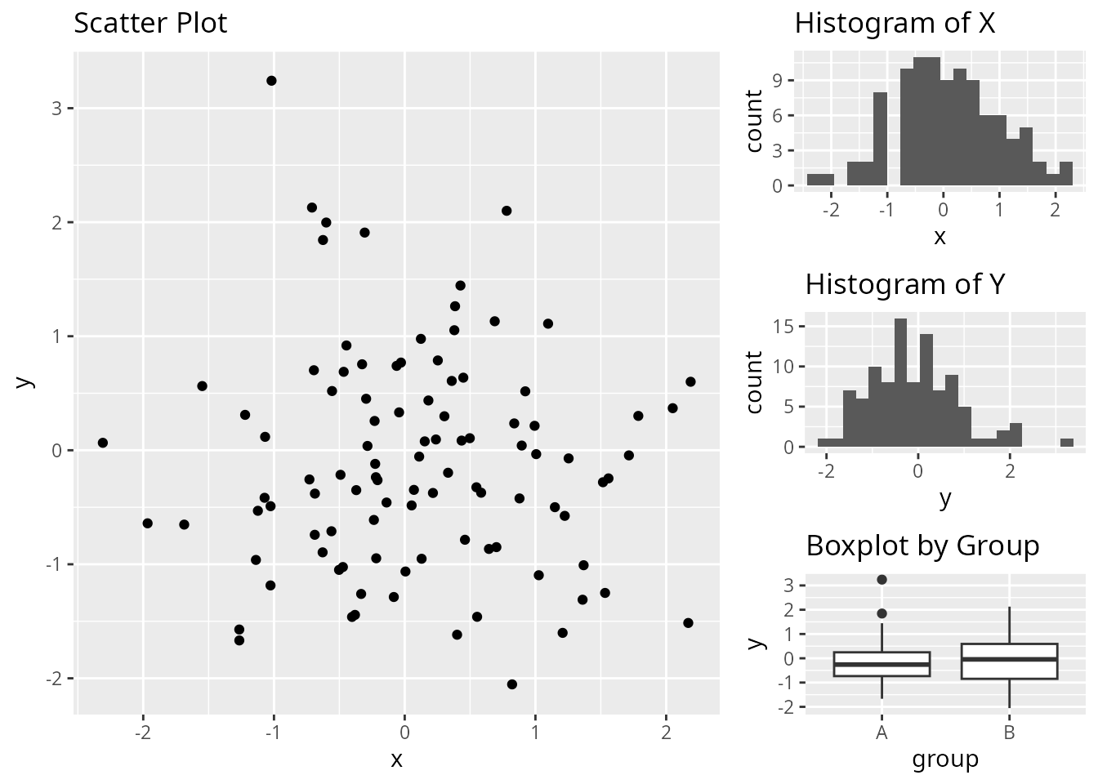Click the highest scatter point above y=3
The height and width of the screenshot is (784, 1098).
click(x=271, y=81)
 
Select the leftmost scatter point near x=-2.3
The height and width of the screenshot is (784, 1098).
click(x=103, y=443)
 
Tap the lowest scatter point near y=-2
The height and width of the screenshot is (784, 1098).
click(x=512, y=684)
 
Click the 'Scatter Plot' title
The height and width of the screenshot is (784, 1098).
click(x=150, y=23)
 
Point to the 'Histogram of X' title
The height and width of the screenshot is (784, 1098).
click(x=895, y=23)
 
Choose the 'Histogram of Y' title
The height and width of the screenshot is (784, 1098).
click(x=904, y=284)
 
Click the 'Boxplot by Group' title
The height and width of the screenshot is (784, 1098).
click(x=922, y=546)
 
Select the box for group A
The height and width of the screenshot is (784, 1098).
click(x=882, y=664)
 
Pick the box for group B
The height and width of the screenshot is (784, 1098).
click(x=1010, y=661)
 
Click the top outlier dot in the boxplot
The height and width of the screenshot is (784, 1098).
click(x=882, y=580)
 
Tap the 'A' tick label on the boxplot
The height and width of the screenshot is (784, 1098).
click(x=882, y=733)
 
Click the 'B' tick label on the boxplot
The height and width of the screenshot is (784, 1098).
click(x=1010, y=733)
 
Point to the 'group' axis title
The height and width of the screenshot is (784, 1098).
click(x=945, y=759)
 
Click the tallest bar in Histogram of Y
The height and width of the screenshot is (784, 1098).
click(x=901, y=384)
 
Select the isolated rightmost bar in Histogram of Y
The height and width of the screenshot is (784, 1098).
click(x=1067, y=443)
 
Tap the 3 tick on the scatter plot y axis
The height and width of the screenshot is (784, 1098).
click(x=56, y=109)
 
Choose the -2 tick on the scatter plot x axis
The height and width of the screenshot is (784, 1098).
click(x=143, y=733)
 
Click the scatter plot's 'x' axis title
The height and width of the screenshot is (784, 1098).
click(x=397, y=759)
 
